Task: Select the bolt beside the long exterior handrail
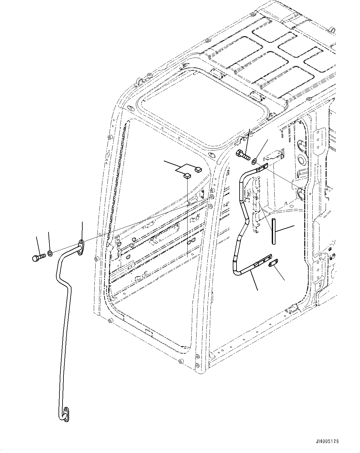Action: [38, 257]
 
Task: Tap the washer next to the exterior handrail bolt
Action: [50, 253]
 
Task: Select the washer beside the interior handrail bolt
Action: [254, 161]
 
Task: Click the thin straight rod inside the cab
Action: [273, 231]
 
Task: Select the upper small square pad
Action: [198, 169]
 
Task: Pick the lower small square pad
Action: [187, 176]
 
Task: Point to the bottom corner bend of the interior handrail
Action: [236, 271]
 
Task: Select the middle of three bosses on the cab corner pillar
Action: [212, 197]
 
